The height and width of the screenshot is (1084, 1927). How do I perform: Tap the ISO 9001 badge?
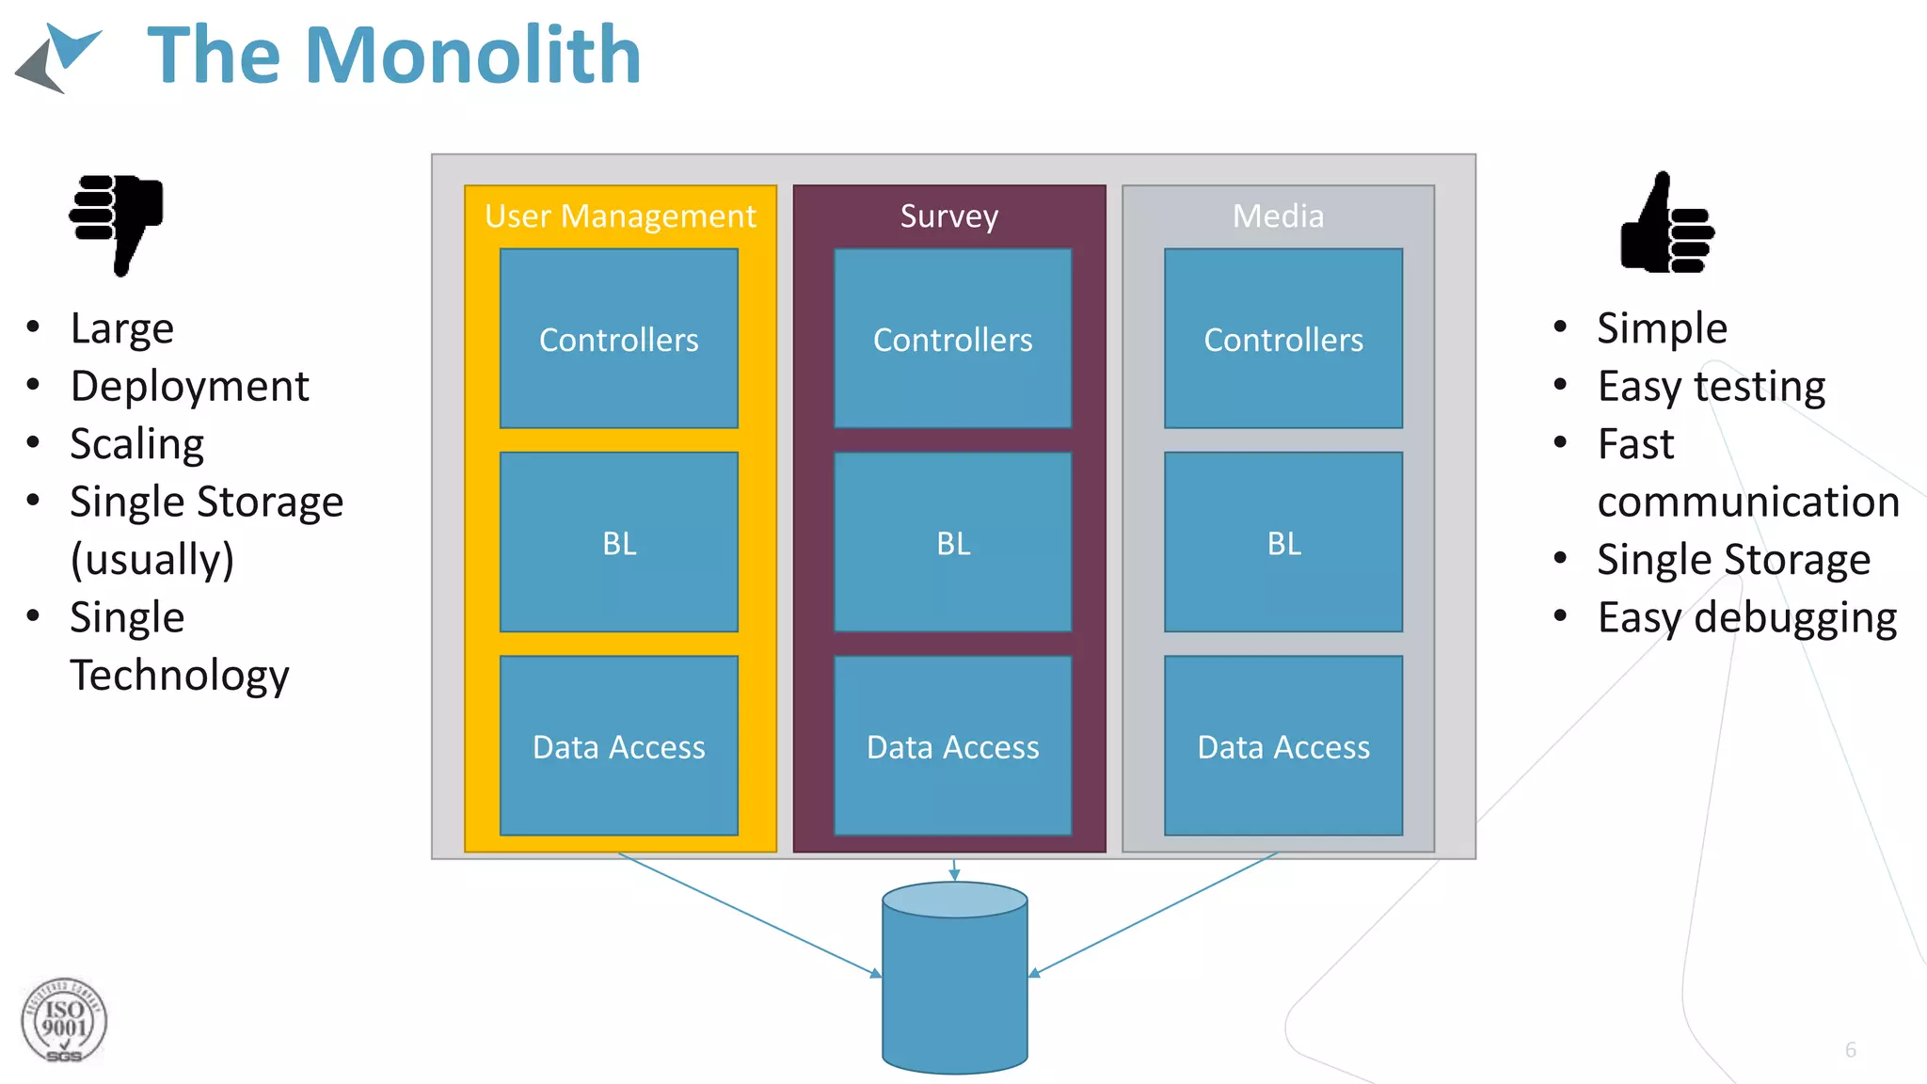coord(64,1021)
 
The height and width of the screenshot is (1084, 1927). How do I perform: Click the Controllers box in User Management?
coord(618,339)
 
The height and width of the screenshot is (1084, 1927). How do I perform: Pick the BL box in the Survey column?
coord(952,542)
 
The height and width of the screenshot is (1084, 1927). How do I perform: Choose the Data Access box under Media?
coord(1282,746)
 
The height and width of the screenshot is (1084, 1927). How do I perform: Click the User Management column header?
coord(619,215)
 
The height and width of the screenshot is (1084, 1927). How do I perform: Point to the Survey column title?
coord(948,215)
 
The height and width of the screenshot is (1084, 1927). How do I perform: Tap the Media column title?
coord(1278,215)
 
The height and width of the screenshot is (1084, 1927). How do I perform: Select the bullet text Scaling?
coord(137,443)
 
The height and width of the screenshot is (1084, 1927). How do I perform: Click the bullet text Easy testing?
coord(1711,386)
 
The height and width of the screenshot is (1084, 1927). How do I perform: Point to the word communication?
coord(1747,502)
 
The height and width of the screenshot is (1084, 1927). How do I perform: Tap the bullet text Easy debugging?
coord(1746,617)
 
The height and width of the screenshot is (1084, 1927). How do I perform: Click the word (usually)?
coord(151,559)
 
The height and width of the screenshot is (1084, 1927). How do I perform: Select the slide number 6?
coord(1850,1049)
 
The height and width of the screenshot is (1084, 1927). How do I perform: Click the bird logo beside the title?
coord(58,58)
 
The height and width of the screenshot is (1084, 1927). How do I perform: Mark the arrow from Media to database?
coord(1155,913)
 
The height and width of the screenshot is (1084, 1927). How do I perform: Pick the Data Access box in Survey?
coord(952,746)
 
